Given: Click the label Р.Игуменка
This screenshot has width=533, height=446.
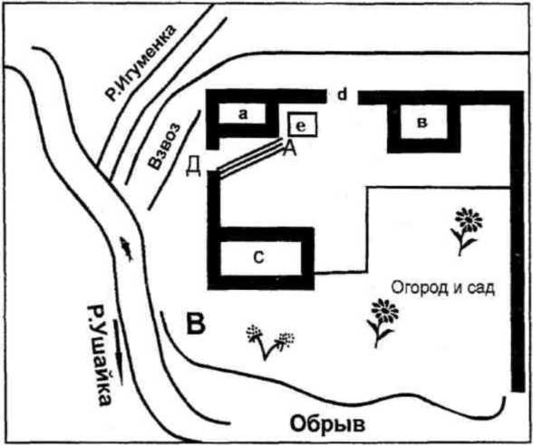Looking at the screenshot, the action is point(141,63).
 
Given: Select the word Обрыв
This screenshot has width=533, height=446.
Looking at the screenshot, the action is point(328,424).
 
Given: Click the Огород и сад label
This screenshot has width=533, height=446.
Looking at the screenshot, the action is point(443,287).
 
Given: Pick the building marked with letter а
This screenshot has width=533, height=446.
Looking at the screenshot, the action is point(242,114).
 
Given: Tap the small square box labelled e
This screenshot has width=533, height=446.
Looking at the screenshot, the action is point(302,124).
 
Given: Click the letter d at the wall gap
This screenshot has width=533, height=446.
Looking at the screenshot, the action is point(342,95).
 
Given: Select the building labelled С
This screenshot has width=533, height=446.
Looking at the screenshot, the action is point(261,258).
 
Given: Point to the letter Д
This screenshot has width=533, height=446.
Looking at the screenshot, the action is point(193,166).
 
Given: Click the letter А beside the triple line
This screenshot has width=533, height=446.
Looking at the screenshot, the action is point(290,149).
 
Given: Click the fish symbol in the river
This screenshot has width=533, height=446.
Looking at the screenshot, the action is point(126,248).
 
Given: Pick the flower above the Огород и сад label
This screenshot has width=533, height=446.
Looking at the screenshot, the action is point(466,231).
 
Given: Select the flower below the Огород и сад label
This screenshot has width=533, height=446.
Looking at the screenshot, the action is point(383,323).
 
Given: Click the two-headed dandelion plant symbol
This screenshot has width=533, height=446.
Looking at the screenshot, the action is point(270,343).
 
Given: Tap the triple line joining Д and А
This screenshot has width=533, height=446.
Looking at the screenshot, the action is point(251,158).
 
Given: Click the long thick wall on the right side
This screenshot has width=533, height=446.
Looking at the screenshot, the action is point(518,242).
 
